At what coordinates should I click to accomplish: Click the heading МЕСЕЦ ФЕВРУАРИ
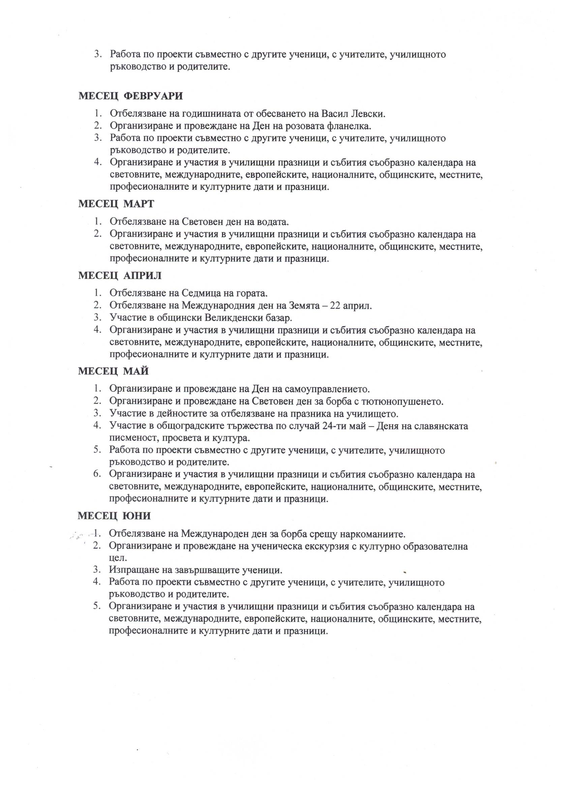[x=131, y=96]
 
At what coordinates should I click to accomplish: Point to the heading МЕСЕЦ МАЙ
[x=113, y=371]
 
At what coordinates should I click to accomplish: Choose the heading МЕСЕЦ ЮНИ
[x=114, y=516]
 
